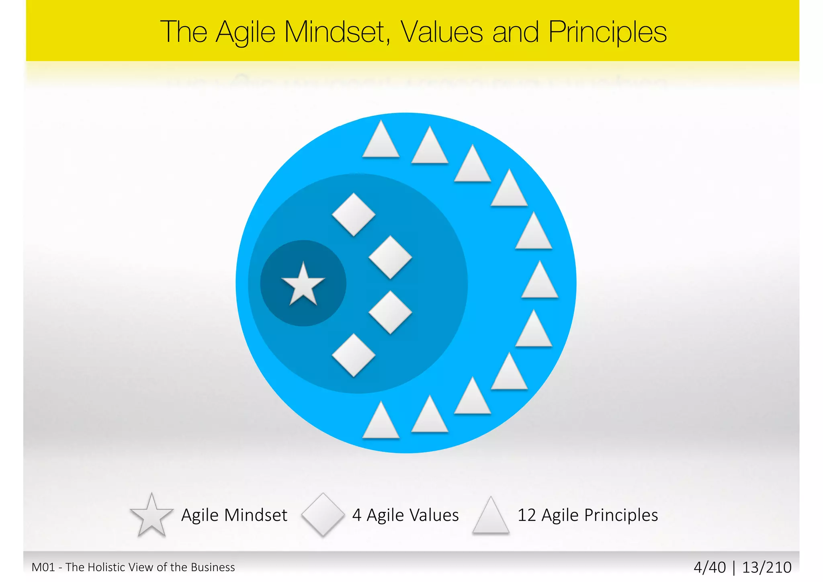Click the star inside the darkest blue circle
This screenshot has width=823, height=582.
(x=303, y=285)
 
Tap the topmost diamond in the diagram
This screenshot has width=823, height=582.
(x=354, y=214)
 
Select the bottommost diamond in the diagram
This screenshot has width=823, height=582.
(x=354, y=355)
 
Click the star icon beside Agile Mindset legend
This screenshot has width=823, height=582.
(x=151, y=516)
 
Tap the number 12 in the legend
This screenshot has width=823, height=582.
(x=526, y=515)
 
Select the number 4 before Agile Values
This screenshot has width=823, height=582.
(x=356, y=515)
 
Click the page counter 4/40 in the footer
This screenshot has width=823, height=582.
(x=710, y=567)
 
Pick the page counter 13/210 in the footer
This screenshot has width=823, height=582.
(x=767, y=567)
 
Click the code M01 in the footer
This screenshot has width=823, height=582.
(x=43, y=567)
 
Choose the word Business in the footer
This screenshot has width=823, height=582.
(x=213, y=567)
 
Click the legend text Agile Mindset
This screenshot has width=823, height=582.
(x=234, y=515)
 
